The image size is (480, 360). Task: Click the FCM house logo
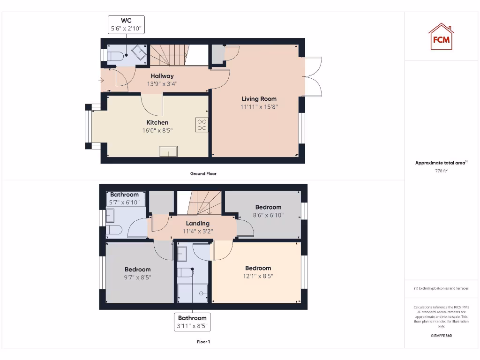click(441, 37)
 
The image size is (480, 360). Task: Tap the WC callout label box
click(126, 25)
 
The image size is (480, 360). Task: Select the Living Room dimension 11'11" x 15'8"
click(259, 107)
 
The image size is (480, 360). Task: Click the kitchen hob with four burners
click(202, 125)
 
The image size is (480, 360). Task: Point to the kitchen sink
click(168, 151)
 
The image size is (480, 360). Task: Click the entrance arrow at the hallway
click(101, 80)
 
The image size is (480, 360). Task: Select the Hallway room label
click(162, 76)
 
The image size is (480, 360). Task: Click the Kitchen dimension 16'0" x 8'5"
click(157, 131)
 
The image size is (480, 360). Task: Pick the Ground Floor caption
click(203, 174)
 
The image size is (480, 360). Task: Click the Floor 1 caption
click(203, 342)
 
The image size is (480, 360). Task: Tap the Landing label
click(197, 224)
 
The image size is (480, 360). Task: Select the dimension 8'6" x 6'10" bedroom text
click(268, 215)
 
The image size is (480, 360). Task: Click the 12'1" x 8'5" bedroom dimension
click(258, 276)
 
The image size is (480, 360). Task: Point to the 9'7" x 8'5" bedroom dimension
click(138, 277)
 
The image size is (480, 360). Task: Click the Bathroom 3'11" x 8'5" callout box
click(192, 322)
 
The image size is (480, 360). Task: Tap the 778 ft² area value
click(441, 171)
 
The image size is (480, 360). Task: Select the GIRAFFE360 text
click(441, 336)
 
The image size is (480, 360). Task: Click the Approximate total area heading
click(441, 163)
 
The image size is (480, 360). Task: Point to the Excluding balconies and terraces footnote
click(441, 288)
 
